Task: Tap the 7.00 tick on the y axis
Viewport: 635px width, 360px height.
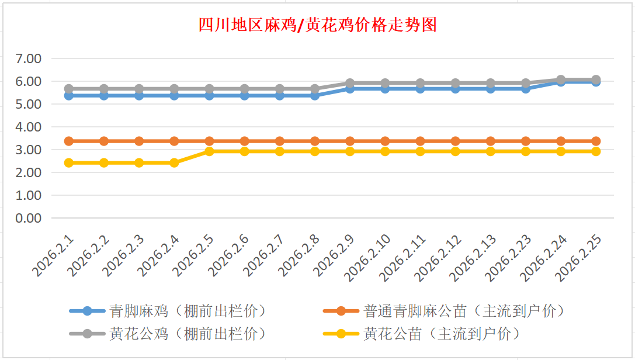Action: [29, 58]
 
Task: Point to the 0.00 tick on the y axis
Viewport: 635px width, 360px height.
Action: [29, 218]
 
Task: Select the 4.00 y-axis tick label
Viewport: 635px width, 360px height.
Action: [29, 127]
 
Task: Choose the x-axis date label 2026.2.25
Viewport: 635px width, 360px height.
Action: [578, 259]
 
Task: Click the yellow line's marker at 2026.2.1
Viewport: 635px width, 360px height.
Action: [69, 162]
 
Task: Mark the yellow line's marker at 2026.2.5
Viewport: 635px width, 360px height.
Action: [209, 151]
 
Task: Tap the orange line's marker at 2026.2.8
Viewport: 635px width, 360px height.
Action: [315, 141]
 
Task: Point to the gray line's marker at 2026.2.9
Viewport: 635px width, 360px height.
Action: [350, 84]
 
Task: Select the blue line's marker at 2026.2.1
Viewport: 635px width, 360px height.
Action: [69, 95]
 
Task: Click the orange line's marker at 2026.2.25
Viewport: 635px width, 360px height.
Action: [596, 141]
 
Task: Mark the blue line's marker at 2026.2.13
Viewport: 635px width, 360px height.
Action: [491, 89]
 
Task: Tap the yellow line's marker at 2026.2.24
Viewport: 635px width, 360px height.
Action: [561, 151]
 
